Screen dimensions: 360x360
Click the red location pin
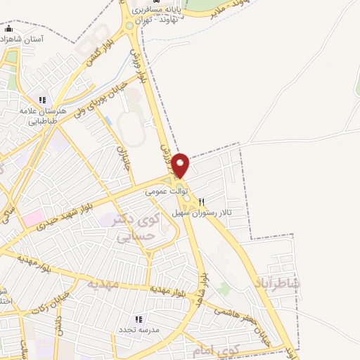181,165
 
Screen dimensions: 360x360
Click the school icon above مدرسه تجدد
139,319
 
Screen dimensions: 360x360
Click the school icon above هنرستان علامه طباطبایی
43,101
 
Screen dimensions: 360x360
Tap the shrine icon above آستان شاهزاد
8,30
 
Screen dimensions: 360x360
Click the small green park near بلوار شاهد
224,288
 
